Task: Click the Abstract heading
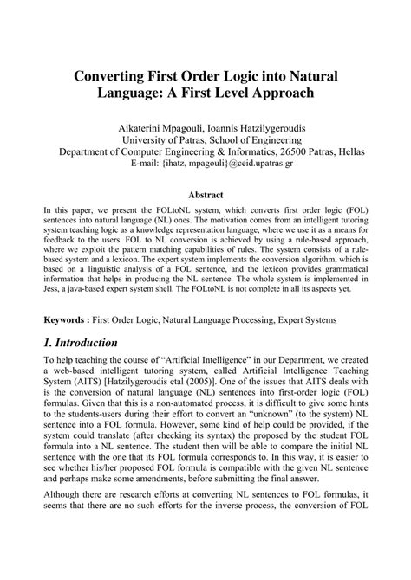pos(205,197)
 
